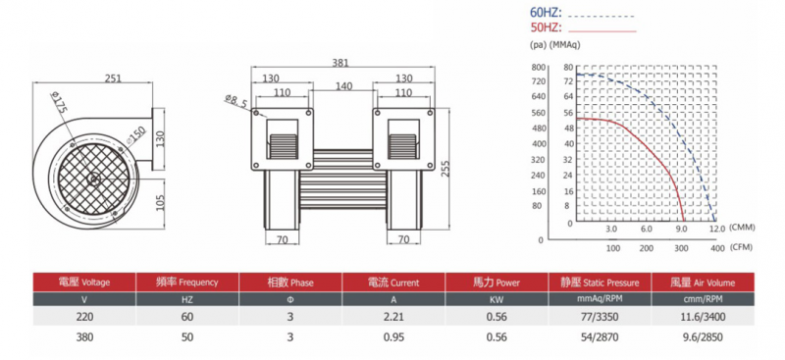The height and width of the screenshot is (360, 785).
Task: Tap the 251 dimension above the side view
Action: point(112,78)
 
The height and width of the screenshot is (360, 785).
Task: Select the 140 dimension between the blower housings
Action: point(343,86)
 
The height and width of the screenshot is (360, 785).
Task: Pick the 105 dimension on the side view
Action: point(160,202)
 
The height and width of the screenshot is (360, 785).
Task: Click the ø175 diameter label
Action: point(59,103)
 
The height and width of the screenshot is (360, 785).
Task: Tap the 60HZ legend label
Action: point(546,13)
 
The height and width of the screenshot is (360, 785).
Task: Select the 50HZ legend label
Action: point(546,27)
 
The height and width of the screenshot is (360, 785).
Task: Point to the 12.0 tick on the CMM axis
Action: point(717,230)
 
